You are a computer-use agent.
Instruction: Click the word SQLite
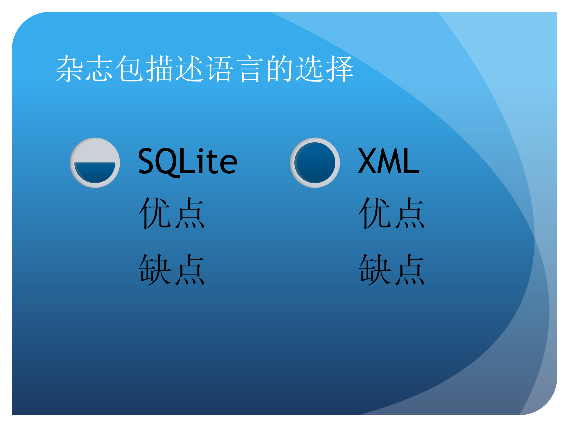click(187, 162)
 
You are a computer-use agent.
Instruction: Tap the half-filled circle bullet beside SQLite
click(95, 163)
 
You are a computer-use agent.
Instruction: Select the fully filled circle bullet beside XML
click(315, 163)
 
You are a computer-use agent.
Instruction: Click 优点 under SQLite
click(171, 213)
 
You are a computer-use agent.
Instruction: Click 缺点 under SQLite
click(171, 269)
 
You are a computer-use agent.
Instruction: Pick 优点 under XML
click(391, 213)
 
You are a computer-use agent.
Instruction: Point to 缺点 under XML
click(391, 269)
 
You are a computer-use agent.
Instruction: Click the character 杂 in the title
click(69, 69)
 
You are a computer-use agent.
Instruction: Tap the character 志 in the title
click(99, 69)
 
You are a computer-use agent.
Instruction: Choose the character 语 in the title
click(220, 69)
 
